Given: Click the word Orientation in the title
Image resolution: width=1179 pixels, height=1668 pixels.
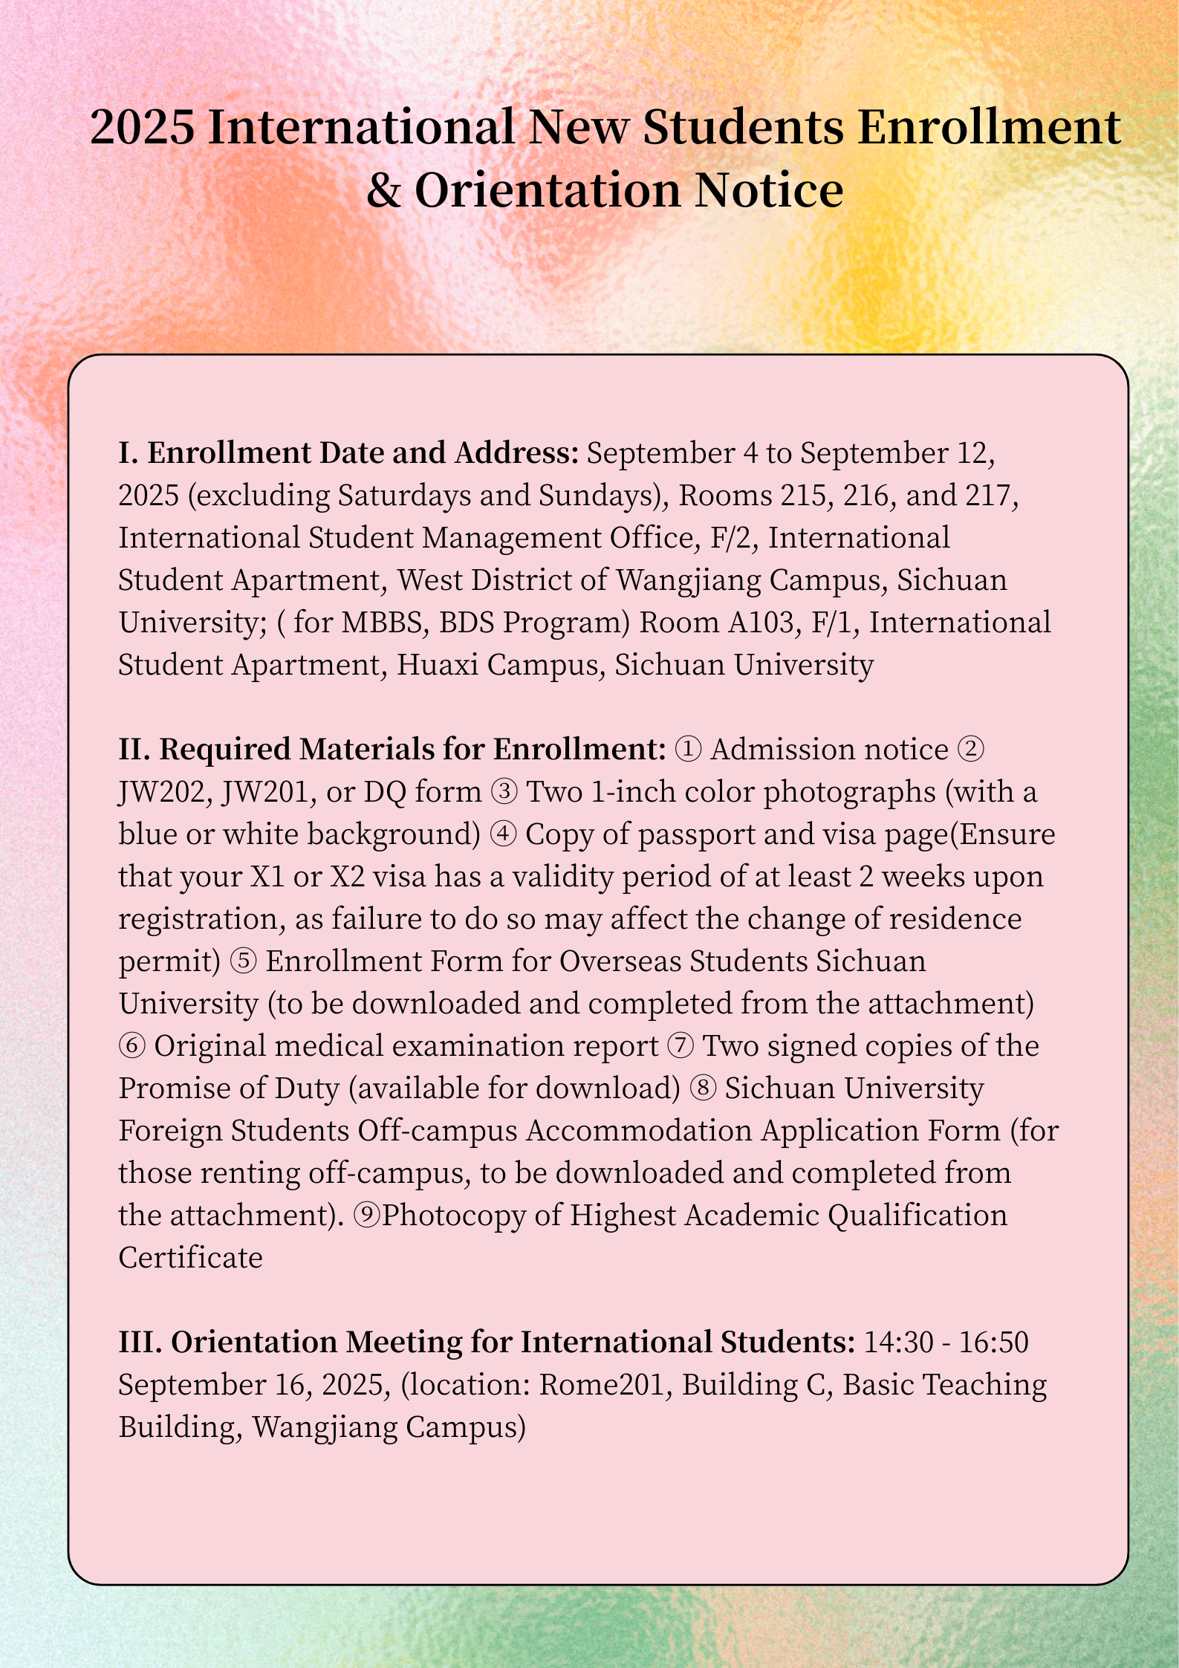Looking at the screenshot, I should pyautogui.click(x=548, y=190).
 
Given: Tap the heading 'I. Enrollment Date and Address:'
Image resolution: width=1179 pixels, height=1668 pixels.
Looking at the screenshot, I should pyautogui.click(x=348, y=453).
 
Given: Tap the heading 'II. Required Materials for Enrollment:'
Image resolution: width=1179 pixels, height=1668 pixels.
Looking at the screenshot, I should pyautogui.click(x=392, y=750).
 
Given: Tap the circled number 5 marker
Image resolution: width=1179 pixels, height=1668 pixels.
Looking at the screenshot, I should pyautogui.click(x=244, y=961).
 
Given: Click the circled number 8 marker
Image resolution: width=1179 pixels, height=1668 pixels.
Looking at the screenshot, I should pyautogui.click(x=703, y=1088).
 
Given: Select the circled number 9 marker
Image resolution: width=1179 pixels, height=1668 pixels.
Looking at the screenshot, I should pyautogui.click(x=368, y=1216).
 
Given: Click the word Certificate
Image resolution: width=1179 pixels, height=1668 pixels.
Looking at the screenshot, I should pyautogui.click(x=191, y=1258).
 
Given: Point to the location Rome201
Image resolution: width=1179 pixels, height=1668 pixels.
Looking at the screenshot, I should pyautogui.click(x=601, y=1385).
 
